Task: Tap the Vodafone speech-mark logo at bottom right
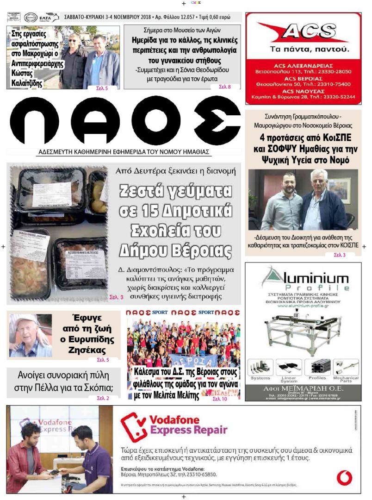pos(344,477)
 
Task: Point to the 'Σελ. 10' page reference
pos(220,398)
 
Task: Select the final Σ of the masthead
pos(217,120)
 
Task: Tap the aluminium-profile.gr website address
pos(303,306)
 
